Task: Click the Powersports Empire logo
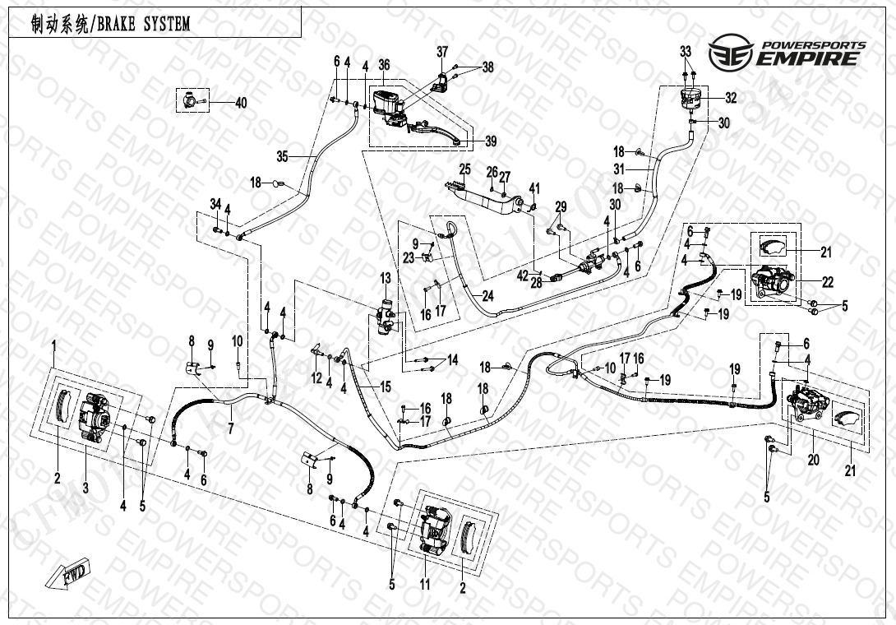[x=788, y=52]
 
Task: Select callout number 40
[x=240, y=103]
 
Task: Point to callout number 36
[x=384, y=66]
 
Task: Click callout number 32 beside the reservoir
[x=731, y=98]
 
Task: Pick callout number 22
[x=827, y=282]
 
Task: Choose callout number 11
[x=425, y=585]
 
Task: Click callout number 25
[x=464, y=169]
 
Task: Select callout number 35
[x=282, y=155]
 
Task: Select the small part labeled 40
[x=189, y=102]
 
